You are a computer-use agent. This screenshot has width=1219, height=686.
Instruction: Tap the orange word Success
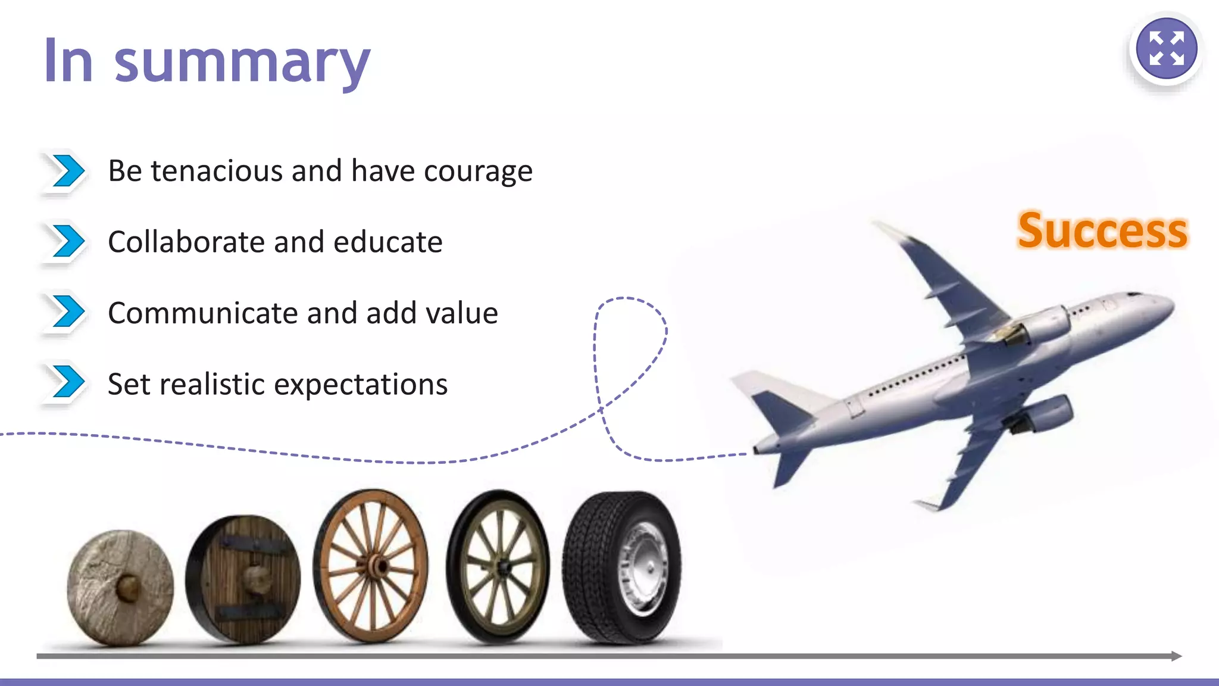pyautogui.click(x=1102, y=231)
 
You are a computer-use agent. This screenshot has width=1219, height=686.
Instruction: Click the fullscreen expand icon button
pyautogui.click(x=1166, y=49)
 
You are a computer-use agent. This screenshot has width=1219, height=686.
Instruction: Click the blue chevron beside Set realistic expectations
pyautogui.click(x=67, y=382)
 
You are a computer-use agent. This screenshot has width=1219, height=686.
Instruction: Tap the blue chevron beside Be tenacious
pyautogui.click(x=67, y=171)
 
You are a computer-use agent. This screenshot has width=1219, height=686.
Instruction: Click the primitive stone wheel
pyautogui.click(x=121, y=588)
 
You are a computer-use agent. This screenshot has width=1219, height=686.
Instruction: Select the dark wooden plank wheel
pyautogui.click(x=243, y=579)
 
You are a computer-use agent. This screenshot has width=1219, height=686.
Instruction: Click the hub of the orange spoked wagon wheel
pyautogui.click(x=374, y=566)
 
